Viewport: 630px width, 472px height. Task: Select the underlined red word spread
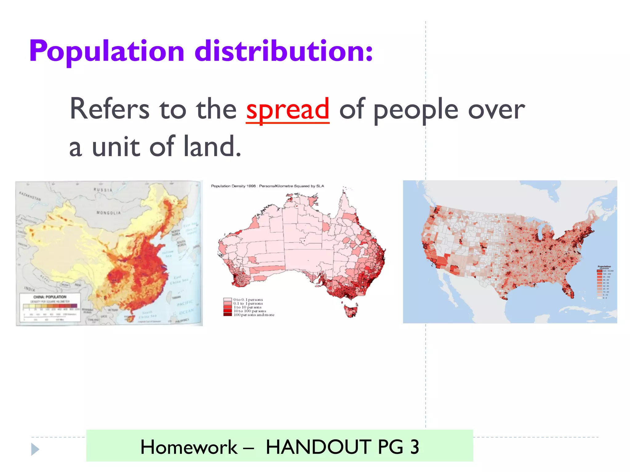pos(288,109)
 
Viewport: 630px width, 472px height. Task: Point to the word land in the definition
pos(212,147)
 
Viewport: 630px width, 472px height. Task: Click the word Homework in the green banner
pos(189,447)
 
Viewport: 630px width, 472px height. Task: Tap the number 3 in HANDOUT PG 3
pos(415,447)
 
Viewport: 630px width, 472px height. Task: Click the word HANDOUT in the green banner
pos(319,447)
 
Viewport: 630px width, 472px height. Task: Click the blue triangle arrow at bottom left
pos(35,449)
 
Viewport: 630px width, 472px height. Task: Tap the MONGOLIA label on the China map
pos(109,213)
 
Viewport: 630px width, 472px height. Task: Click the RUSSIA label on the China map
pos(103,190)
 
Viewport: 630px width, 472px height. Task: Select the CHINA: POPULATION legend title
pos(50,297)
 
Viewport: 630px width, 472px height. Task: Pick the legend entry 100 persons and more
pos(254,315)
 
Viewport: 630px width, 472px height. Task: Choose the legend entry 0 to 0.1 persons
pos(248,300)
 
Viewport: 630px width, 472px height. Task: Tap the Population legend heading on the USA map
pos(604,266)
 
